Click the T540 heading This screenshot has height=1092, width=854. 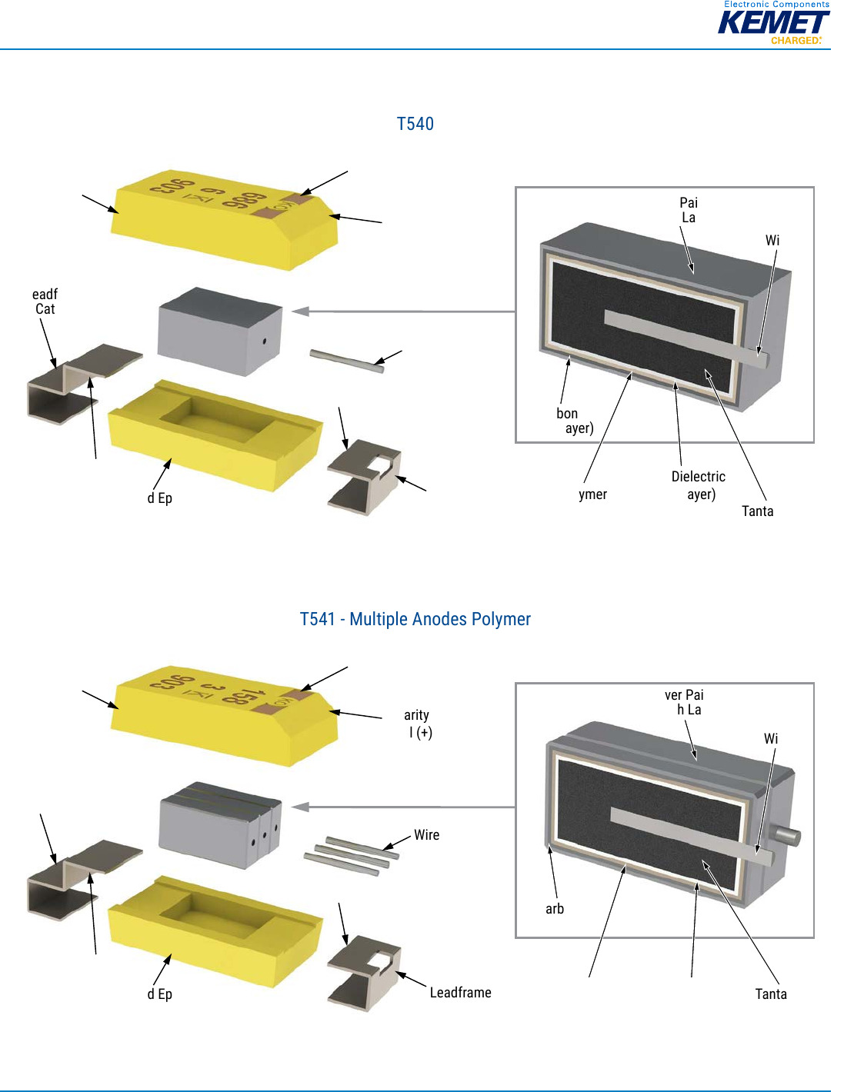[415, 124]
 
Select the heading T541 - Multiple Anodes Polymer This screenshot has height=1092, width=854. [415, 619]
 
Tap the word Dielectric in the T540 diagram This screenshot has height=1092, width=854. [698, 477]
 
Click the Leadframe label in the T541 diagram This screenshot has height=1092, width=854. [460, 993]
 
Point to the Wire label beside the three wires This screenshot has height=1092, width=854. [426, 835]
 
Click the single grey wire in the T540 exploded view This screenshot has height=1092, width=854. [346, 361]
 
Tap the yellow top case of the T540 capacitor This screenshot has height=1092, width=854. [223, 219]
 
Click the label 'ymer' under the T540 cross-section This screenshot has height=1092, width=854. [592, 494]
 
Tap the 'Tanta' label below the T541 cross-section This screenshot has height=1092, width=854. [770, 994]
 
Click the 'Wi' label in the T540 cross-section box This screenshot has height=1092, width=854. [772, 241]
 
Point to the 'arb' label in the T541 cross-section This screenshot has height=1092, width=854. [554, 909]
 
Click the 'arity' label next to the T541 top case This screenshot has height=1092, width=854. [416, 715]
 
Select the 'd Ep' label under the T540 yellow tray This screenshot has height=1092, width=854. [159, 498]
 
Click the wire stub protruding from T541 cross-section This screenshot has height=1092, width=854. [789, 836]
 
